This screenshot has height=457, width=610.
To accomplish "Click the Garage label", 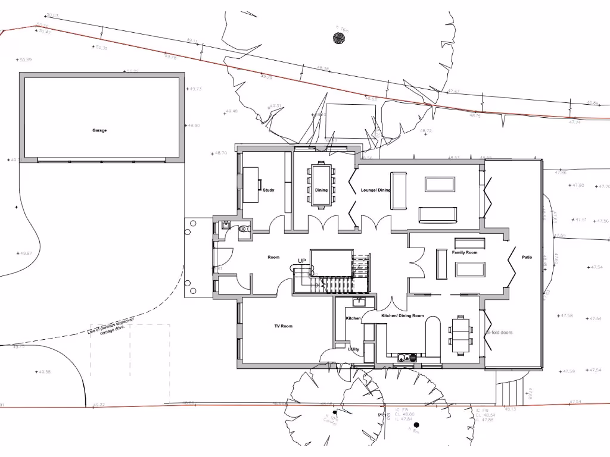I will (99, 130).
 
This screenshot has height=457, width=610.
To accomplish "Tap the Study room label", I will (269, 190).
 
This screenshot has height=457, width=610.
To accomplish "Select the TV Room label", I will (283, 326).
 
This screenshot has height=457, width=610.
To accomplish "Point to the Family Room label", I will (465, 253).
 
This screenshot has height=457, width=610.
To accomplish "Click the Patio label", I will (527, 258).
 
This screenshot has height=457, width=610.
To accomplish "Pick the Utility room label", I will (353, 349).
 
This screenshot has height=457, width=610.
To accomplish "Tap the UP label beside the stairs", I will (302, 261).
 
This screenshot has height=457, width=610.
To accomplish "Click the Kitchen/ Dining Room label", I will (403, 315).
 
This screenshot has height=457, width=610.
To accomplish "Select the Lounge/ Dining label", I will (375, 190).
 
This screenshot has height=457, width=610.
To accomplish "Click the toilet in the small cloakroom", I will (243, 228).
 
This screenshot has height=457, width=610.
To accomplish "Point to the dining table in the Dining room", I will (322, 183).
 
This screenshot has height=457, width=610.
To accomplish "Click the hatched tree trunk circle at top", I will (338, 39).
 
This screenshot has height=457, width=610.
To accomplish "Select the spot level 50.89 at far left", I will (25, 60).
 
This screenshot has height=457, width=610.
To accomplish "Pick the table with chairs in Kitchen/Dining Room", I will (460, 334).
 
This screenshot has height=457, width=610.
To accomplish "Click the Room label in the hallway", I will (273, 258).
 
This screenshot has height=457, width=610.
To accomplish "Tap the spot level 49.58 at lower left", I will (44, 372).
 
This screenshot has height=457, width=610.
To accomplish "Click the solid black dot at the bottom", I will (416, 425).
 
